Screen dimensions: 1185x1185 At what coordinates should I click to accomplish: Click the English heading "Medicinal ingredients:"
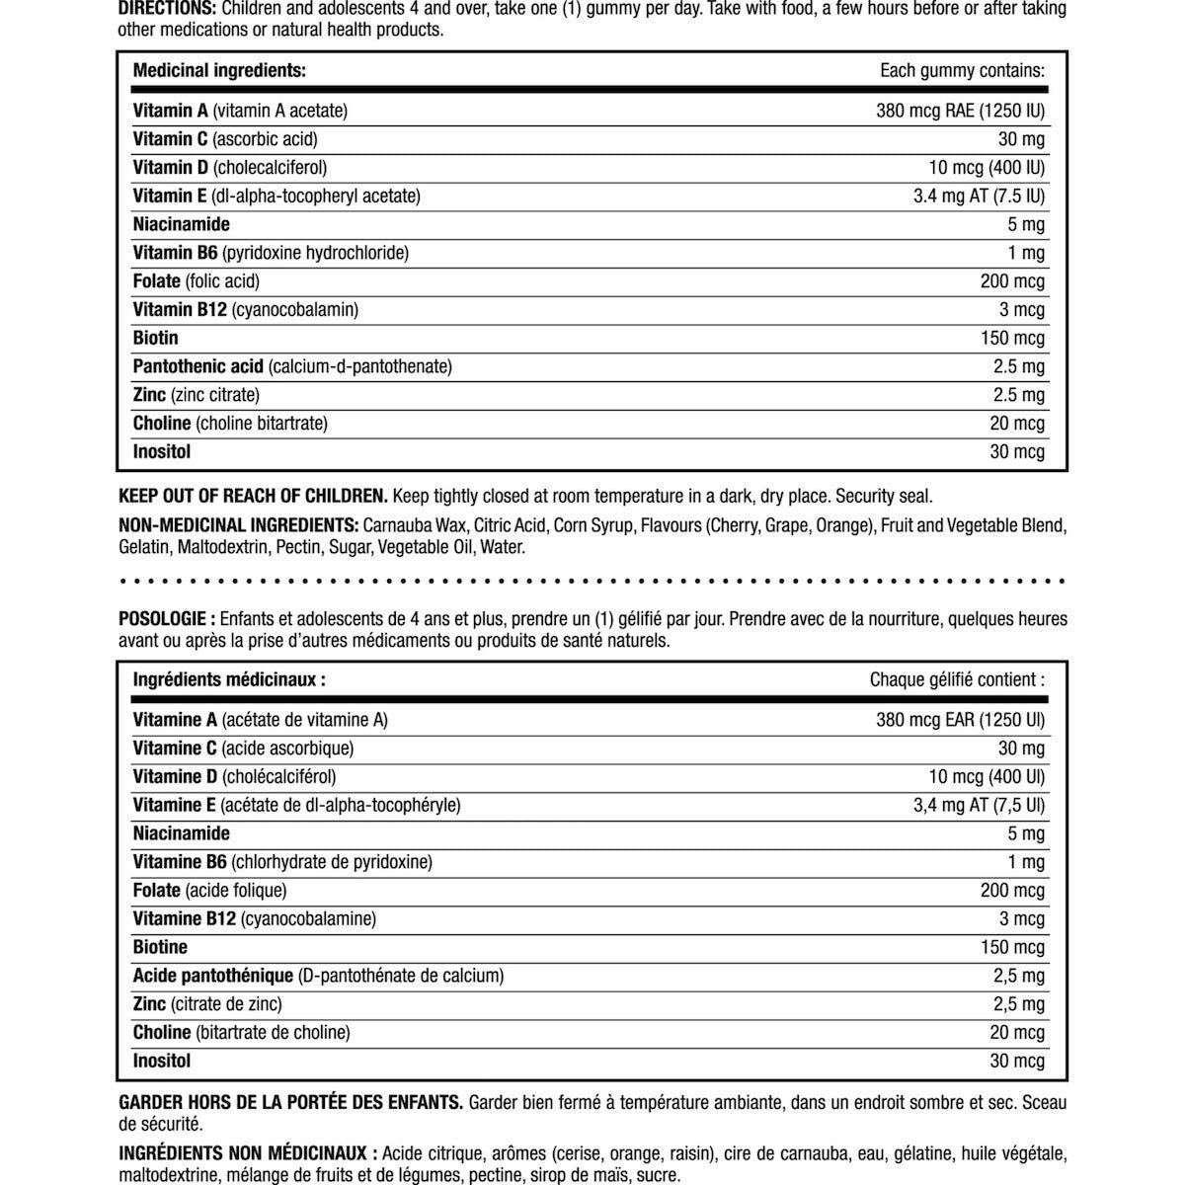tap(219, 71)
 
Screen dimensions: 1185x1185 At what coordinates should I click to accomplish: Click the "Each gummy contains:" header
tap(962, 71)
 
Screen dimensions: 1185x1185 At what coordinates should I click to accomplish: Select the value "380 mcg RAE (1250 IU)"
tap(960, 111)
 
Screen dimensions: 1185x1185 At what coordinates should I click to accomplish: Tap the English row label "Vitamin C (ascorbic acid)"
tap(225, 139)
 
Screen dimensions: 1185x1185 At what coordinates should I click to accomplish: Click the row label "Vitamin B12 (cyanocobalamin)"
tap(245, 310)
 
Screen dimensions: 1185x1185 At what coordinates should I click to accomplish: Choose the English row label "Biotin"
tap(156, 338)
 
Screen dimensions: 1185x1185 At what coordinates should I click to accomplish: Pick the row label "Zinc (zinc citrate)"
tap(196, 395)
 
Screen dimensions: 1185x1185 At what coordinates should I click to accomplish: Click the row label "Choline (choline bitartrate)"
tap(230, 424)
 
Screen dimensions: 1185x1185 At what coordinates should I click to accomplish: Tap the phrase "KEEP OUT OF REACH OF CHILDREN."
tap(252, 496)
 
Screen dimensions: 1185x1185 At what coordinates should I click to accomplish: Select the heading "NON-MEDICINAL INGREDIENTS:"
tap(238, 524)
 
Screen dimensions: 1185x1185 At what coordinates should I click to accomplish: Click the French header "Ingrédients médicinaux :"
tap(229, 679)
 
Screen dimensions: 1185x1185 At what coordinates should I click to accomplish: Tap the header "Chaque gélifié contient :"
tap(957, 679)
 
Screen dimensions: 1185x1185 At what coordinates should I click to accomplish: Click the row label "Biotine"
tap(160, 947)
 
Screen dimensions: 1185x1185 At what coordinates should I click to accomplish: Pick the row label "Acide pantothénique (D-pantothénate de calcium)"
tap(318, 976)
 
